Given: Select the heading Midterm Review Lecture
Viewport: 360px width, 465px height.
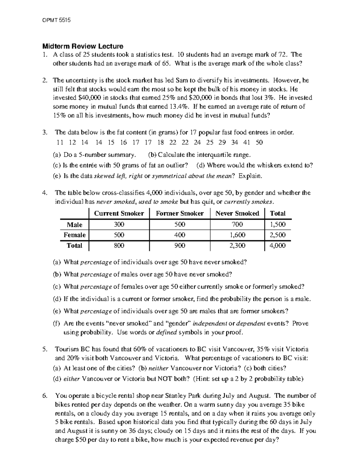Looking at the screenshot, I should click(82, 46).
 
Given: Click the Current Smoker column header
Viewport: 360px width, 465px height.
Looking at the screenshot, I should click(119, 213).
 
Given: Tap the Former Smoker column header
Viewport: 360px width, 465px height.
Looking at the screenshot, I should click(179, 213).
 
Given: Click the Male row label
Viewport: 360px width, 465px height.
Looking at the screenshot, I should click(74, 225).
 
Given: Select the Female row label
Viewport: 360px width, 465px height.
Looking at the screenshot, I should click(74, 235).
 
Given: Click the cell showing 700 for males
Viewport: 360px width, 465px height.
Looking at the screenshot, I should click(237, 225).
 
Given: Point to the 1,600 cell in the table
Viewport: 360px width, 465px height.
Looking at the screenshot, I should click(237, 235).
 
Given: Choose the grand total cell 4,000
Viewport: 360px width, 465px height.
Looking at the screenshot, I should click(277, 246).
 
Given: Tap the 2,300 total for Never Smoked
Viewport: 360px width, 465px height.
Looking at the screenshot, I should click(237, 246).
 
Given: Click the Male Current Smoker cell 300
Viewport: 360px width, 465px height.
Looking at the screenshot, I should click(119, 225).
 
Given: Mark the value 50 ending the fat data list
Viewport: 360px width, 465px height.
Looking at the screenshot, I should click(259, 143).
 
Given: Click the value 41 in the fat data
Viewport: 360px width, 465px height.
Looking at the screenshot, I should click(247, 143).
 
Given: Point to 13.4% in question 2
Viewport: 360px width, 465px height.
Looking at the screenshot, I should click(179, 106).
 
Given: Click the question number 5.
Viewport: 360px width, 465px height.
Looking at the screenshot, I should click(45, 349).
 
